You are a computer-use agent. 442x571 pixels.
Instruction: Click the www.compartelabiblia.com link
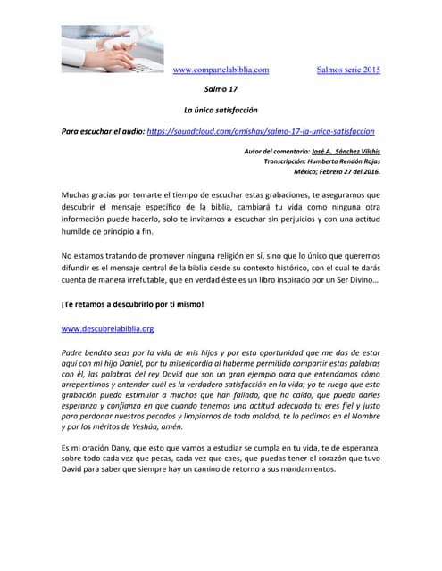(221, 70)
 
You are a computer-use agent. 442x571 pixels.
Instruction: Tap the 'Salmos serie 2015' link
(348, 70)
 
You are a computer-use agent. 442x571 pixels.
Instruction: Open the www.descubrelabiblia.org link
(95, 328)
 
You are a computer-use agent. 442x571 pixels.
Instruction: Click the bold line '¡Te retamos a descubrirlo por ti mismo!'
(132, 304)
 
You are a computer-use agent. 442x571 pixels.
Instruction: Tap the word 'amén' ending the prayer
(196, 426)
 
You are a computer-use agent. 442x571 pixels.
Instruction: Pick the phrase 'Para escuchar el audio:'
(102, 130)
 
